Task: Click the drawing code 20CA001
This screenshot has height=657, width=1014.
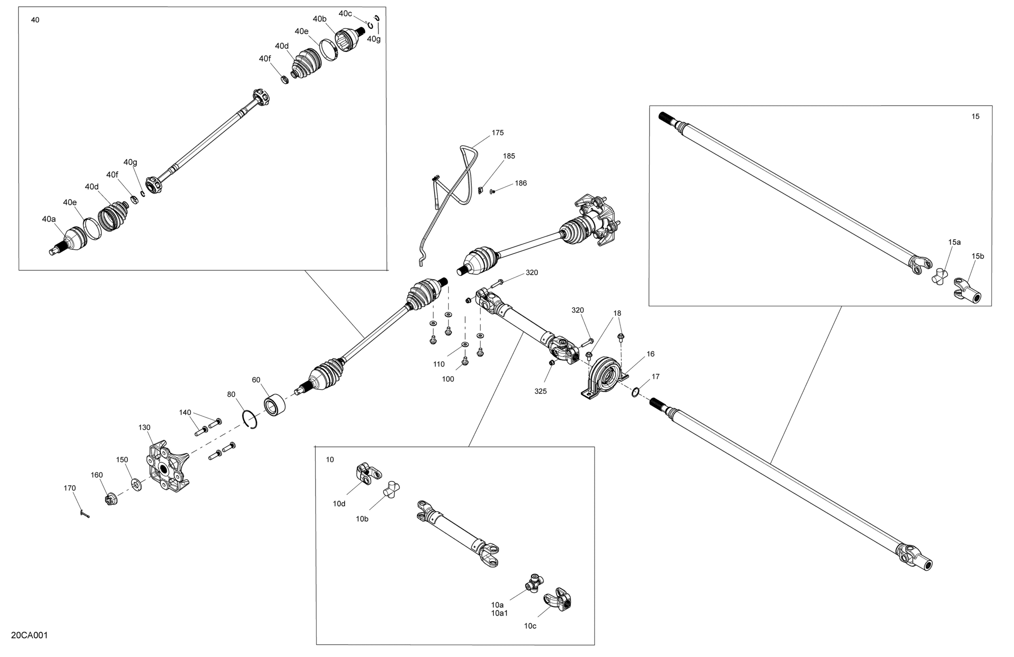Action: point(29,636)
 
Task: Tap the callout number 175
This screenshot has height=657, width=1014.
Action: point(498,133)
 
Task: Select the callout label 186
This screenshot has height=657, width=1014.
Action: point(521,183)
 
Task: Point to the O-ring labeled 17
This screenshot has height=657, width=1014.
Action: point(635,392)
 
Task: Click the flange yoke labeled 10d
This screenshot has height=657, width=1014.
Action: point(368,473)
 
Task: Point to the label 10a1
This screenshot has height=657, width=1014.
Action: point(499,613)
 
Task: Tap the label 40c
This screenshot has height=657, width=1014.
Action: point(345,14)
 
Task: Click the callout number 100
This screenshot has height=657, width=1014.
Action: point(448,379)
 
